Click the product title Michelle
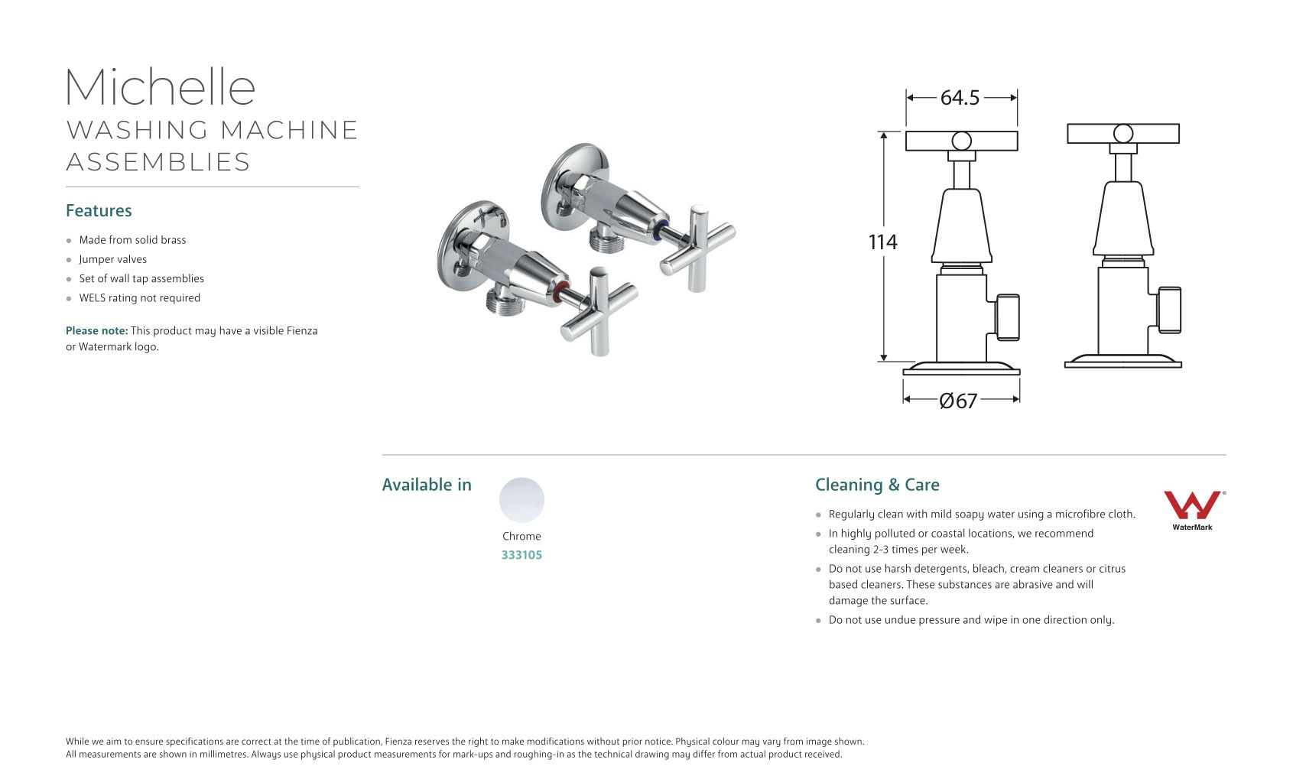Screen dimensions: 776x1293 tap(160, 87)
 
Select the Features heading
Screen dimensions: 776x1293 tap(99, 211)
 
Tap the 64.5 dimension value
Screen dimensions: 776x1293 tap(960, 98)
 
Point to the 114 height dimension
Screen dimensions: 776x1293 tap(882, 242)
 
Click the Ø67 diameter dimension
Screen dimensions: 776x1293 tap(958, 401)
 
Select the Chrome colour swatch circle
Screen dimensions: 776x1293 tap(521, 500)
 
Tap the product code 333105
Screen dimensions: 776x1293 tap(521, 555)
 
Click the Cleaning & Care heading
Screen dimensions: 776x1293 tap(877, 485)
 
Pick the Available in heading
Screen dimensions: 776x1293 tap(427, 485)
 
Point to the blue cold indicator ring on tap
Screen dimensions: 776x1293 tap(661, 229)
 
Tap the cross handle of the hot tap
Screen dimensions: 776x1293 tap(599, 310)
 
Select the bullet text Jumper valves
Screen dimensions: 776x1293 tap(112, 259)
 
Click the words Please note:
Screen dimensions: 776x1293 tap(96, 331)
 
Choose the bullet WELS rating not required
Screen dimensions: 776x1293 tap(139, 298)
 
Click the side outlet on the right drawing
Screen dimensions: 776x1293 tap(1169, 310)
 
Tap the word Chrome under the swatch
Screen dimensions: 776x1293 tap(521, 537)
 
